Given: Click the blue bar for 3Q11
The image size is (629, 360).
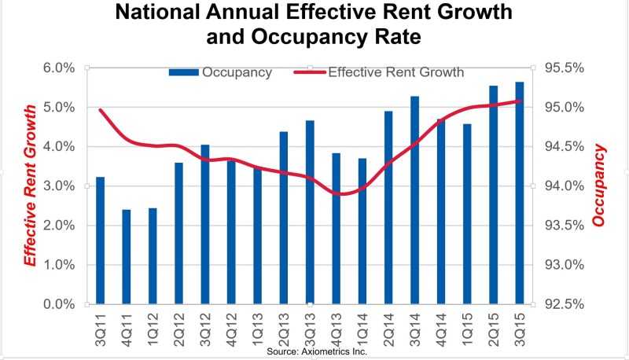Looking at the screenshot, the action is (x=101, y=241).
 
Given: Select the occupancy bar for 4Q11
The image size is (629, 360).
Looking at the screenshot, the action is (x=127, y=257).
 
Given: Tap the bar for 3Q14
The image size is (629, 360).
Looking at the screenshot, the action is (x=415, y=200).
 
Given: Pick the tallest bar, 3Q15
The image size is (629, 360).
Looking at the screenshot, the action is (x=520, y=193).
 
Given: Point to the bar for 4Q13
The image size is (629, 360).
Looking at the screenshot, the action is (x=337, y=229).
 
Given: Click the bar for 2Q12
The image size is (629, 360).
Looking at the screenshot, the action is (x=179, y=233).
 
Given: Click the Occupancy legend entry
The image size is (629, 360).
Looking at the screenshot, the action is (x=221, y=72).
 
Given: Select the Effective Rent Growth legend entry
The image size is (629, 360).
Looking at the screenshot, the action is (x=379, y=72).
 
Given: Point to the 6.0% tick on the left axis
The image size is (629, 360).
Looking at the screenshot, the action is (x=59, y=68).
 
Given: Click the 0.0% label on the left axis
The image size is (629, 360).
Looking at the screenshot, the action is (x=59, y=304).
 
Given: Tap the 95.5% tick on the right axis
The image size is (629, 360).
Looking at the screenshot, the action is (x=564, y=68).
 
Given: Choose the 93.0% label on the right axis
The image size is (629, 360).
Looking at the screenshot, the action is (x=564, y=265).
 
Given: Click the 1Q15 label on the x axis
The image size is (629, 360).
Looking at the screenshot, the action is (x=467, y=329).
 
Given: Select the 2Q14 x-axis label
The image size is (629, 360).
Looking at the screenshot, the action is (x=388, y=329).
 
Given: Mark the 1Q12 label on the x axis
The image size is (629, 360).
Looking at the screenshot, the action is (x=153, y=329).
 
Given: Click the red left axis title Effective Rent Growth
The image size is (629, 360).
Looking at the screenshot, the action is (x=30, y=186).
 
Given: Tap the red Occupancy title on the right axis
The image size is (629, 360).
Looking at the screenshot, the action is (x=598, y=186).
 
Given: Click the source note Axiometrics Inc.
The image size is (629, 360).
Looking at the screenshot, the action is (x=317, y=351).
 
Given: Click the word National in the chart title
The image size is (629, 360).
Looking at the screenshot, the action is (x=157, y=12).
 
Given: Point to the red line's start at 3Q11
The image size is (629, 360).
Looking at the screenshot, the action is (x=101, y=110).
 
